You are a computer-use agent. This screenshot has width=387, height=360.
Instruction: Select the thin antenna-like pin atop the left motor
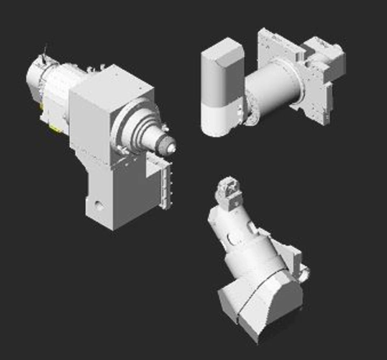coord(45,53)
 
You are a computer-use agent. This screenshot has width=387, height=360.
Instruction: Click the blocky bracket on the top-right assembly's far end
coord(327,61)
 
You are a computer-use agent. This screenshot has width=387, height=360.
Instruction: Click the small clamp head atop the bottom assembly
coord(230,191)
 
